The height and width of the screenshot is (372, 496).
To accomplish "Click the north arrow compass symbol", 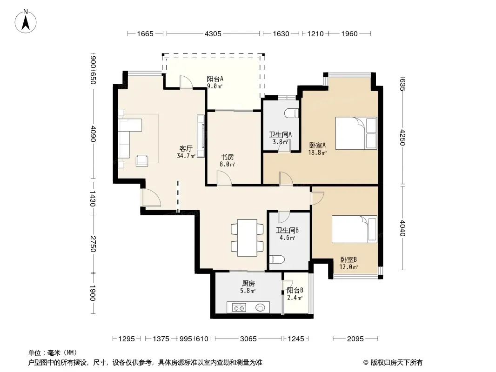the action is click(x=26, y=21).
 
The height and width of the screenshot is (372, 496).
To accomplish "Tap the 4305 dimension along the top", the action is click(x=213, y=34).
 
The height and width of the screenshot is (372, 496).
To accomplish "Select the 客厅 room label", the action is click(x=186, y=148).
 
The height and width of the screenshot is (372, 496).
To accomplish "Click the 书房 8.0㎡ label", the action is click(x=228, y=160).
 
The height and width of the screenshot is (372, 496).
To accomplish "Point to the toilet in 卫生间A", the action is click(x=291, y=113).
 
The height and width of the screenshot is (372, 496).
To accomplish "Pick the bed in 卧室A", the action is click(x=356, y=133).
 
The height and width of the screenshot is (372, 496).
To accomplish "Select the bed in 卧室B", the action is click(x=354, y=229).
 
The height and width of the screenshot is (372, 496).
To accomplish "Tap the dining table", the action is click(x=248, y=238).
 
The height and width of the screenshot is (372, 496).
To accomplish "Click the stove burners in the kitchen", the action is click(x=239, y=307).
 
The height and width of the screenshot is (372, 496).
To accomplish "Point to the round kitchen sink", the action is click(x=260, y=307).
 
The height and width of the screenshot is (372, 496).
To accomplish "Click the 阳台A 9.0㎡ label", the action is click(x=215, y=82).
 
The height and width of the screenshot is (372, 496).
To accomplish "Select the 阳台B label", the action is click(x=295, y=290).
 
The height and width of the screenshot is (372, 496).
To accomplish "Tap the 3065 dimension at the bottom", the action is click(x=248, y=339).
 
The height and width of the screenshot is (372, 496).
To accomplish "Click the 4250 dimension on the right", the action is click(x=402, y=137).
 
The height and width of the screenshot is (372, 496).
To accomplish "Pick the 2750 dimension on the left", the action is click(x=93, y=244).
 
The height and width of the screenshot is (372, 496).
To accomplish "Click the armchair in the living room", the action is click(x=142, y=160).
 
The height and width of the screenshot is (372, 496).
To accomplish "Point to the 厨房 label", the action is click(x=248, y=284).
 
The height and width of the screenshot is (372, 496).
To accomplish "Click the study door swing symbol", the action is click(x=224, y=178).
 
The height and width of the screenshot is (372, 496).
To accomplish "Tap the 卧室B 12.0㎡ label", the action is click(x=349, y=263).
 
